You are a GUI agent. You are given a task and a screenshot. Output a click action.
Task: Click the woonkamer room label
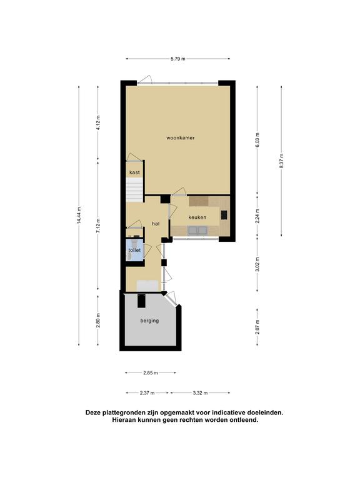pyautogui.click(x=180, y=137)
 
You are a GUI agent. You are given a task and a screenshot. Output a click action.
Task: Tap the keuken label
pyautogui.click(x=197, y=217)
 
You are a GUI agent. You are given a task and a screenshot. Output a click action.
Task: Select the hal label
pyautogui.click(x=156, y=224)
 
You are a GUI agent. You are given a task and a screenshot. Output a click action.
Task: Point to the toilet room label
pyautogui.click(x=134, y=250)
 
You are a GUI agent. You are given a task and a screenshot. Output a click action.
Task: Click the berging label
pyautogui.click(x=150, y=321)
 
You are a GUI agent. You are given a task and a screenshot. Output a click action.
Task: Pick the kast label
pyautogui.click(x=135, y=172)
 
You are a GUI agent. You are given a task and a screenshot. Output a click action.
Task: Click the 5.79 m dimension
pyautogui.click(x=178, y=59)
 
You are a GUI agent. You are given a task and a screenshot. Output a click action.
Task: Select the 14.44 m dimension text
pyautogui.click(x=79, y=216)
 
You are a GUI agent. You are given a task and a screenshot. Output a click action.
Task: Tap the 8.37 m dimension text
pyautogui.click(x=281, y=161)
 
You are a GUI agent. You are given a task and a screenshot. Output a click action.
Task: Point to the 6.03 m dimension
pyautogui.click(x=257, y=140)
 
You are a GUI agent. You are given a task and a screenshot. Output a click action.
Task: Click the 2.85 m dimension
pyautogui.click(x=151, y=373)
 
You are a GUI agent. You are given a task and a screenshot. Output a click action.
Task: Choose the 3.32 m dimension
pyautogui.click(x=200, y=392)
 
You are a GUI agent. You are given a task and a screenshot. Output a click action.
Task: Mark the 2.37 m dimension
pyautogui.click(x=147, y=392)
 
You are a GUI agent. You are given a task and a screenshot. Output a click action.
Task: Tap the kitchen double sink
pyautogui.click(x=197, y=230)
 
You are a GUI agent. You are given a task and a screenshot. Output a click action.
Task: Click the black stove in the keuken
pyautogui.click(x=224, y=215)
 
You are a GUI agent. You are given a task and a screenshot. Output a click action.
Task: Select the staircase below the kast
pyautogui.click(x=134, y=190)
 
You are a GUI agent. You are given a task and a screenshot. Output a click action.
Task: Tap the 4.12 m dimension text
pyautogui.click(x=98, y=122)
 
